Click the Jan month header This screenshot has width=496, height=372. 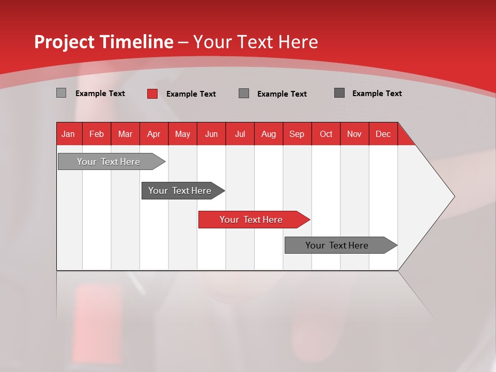click(x=68, y=134)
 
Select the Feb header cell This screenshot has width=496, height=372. click(x=97, y=134)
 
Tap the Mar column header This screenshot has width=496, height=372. click(x=125, y=134)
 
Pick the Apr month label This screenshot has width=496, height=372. click(x=153, y=134)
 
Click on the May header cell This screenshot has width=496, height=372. click(x=182, y=134)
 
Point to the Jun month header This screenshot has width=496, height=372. click(x=211, y=134)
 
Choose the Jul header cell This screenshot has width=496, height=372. click(x=240, y=134)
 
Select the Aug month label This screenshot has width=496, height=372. click(x=268, y=134)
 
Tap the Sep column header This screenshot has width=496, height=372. click(x=297, y=134)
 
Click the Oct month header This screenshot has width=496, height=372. click(x=326, y=134)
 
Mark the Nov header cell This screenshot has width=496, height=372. click(x=354, y=134)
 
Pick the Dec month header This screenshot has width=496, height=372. click(x=383, y=134)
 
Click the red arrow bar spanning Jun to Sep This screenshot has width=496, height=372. click(x=252, y=220)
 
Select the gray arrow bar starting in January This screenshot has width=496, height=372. click(x=109, y=162)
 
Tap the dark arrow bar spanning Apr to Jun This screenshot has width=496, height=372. click(x=180, y=191)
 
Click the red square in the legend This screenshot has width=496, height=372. click(x=152, y=94)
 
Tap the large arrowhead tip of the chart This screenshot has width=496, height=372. click(x=450, y=196)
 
